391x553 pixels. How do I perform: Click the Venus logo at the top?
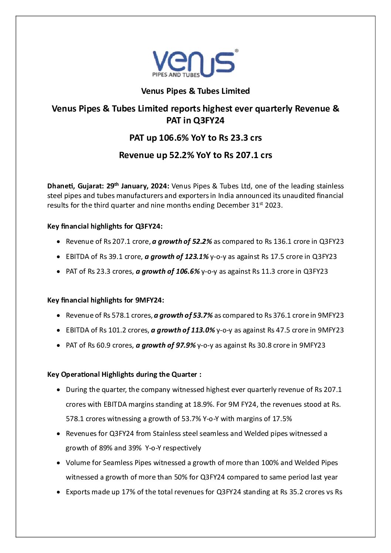point(195,63)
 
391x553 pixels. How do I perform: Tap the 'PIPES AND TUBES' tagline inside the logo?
point(176,75)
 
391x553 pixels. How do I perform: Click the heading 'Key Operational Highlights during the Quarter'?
point(124,375)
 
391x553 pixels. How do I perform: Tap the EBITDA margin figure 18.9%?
point(203,404)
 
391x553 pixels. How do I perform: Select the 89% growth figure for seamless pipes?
point(106,448)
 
